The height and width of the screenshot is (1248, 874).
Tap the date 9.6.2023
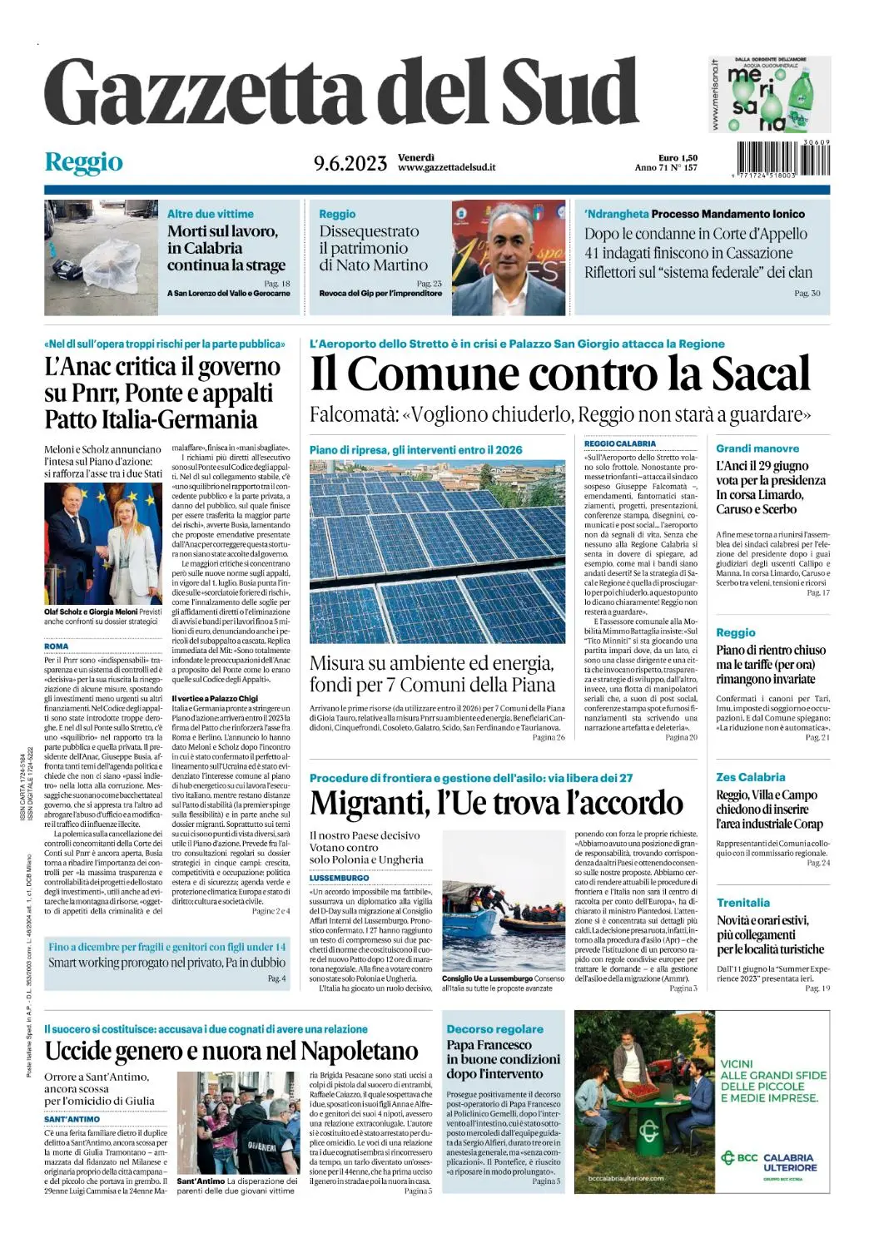click(350, 163)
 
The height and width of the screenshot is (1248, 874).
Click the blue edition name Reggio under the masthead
click(83, 161)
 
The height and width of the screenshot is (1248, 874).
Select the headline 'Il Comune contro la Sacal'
click(559, 374)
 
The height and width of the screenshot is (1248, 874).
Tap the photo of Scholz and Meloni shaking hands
click(102, 544)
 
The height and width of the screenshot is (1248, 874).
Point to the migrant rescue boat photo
click(503, 926)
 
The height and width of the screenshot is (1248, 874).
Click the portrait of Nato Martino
click(509, 257)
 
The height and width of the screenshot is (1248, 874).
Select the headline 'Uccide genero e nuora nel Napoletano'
click(231, 1052)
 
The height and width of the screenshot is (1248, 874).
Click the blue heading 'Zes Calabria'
click(750, 777)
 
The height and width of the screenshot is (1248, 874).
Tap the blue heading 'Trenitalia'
click(742, 903)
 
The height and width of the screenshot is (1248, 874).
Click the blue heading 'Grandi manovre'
click(757, 448)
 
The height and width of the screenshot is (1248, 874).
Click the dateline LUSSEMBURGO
click(339, 878)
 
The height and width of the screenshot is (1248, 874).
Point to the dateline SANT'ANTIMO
click(72, 1119)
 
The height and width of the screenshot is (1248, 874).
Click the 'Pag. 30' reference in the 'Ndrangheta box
click(807, 294)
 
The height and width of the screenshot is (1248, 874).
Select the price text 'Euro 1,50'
click(678, 158)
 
